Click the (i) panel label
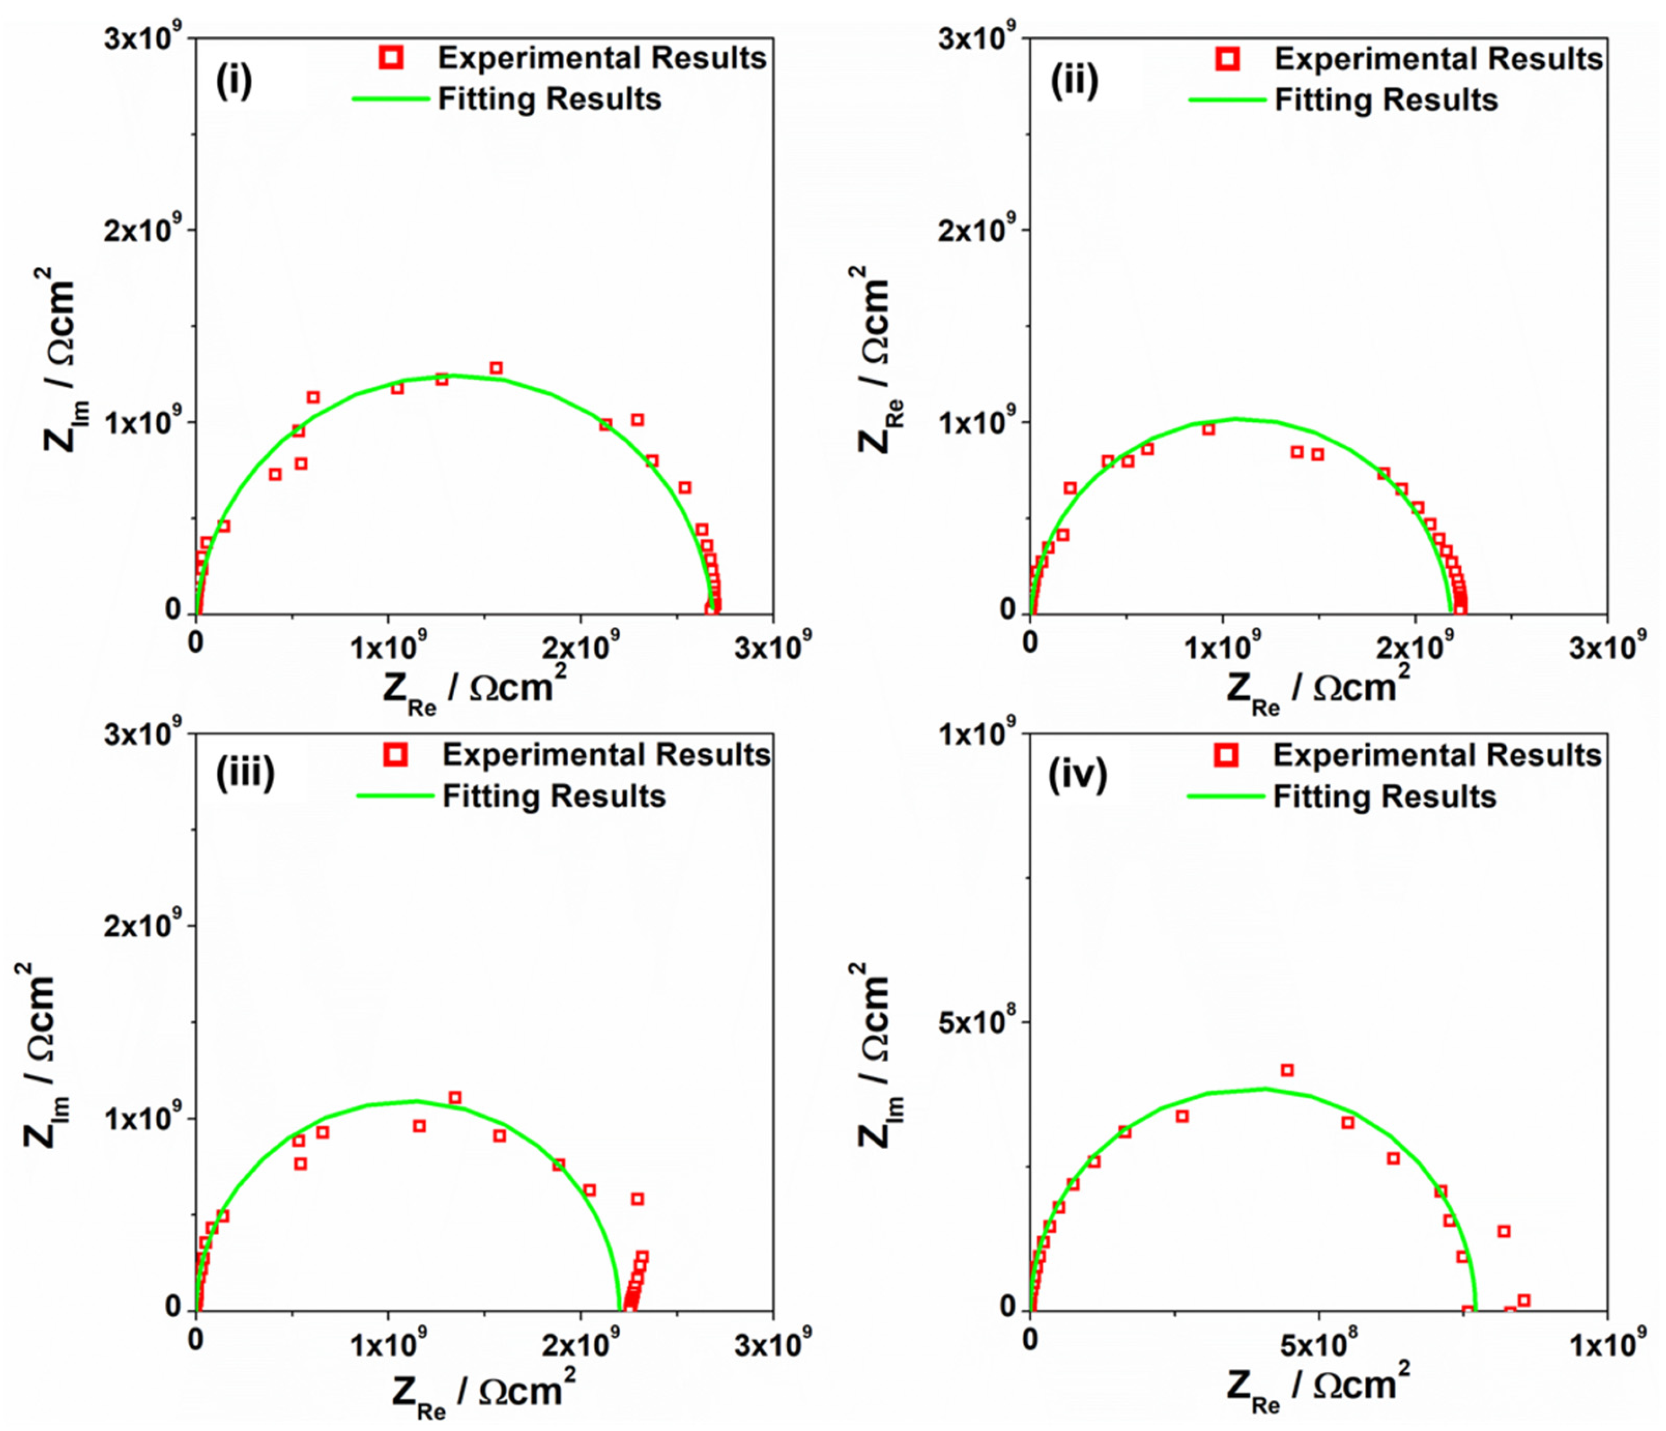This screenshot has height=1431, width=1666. click(234, 81)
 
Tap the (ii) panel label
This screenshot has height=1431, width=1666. click(1074, 81)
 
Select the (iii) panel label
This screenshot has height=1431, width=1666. click(245, 772)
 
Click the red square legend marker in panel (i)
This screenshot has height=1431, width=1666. click(393, 57)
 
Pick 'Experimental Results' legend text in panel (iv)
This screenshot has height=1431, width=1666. click(1437, 755)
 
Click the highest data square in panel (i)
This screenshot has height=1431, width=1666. click(496, 368)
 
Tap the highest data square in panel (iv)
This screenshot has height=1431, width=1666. click(1287, 1070)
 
